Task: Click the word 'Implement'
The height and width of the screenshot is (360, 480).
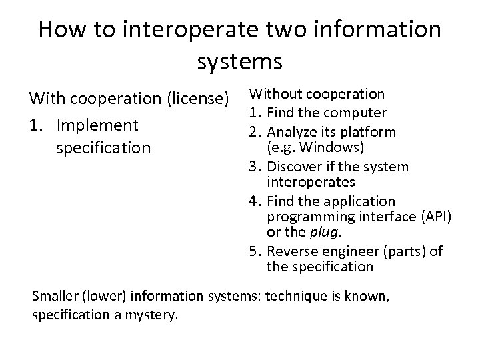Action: click(98, 125)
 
